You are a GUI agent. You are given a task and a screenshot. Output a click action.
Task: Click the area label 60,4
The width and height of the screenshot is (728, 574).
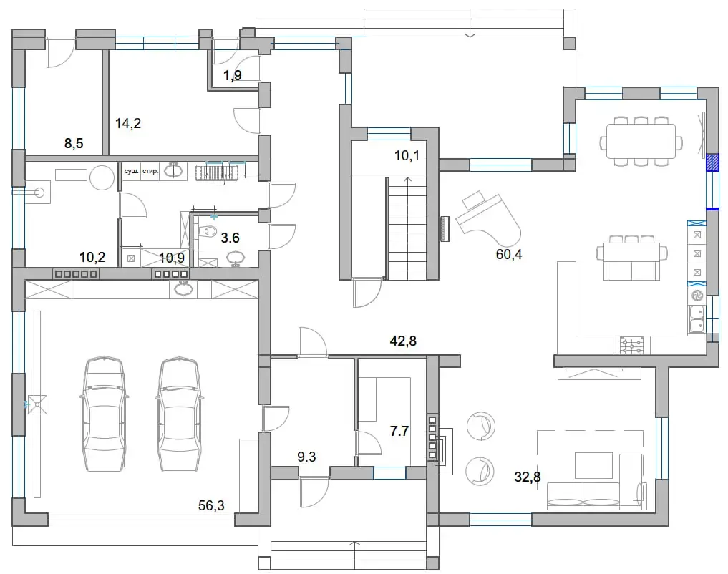[509, 254]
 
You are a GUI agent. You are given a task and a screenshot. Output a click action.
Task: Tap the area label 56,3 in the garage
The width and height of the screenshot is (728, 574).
[211, 505]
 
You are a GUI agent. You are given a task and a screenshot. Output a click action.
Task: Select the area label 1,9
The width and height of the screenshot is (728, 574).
[233, 75]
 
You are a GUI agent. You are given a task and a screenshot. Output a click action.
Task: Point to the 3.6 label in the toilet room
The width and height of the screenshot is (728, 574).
[230, 238]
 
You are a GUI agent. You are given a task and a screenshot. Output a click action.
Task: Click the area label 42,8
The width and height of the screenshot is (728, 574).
[403, 341]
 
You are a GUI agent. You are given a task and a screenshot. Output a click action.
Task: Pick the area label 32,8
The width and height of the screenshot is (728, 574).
[528, 477]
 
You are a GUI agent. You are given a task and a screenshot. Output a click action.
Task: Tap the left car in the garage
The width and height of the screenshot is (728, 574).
[105, 414]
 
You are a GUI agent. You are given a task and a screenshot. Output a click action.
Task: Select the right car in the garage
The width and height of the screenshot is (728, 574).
[179, 414]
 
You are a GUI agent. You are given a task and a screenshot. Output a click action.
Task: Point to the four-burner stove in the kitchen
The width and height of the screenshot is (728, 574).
[631, 345]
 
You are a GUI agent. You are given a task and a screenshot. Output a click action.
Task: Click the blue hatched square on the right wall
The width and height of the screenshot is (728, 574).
[712, 163]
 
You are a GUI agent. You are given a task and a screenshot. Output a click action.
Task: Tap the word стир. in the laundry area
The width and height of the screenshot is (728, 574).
[150, 171]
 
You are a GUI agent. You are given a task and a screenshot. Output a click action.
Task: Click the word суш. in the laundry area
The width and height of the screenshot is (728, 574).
[132, 171]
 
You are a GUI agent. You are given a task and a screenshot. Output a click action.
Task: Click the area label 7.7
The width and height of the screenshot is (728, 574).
[399, 431]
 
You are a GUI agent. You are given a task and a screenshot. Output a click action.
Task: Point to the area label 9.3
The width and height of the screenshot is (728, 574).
[306, 457]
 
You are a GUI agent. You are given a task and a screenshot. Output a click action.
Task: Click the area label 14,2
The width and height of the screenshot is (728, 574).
[128, 123]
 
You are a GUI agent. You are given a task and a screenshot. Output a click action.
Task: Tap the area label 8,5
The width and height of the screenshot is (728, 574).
[74, 143]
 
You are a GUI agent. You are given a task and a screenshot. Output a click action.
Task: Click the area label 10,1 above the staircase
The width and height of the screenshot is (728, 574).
[407, 156]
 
